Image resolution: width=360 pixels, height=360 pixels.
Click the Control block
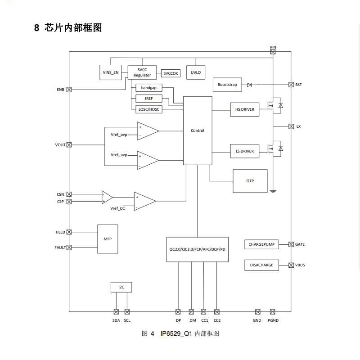197,130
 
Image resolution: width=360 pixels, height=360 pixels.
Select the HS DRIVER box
244,109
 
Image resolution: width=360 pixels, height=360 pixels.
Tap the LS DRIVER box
244,151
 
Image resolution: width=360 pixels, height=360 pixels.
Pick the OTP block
250,181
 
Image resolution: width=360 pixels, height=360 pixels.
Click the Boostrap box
226,85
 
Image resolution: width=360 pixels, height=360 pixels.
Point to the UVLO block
196,72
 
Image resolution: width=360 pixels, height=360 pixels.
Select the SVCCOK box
171,73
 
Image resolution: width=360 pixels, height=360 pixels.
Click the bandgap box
148,88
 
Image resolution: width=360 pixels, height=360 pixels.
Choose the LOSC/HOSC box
149,109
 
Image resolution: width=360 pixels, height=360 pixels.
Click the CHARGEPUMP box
261,244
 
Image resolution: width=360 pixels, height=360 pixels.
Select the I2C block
121,287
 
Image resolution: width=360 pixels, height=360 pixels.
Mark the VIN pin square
273,52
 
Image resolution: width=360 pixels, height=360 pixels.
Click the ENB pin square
69,90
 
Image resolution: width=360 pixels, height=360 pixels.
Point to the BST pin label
299,85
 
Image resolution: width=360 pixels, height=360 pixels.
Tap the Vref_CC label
117,209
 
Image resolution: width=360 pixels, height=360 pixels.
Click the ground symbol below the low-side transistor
273,191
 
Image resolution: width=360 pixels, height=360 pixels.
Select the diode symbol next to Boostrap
249,85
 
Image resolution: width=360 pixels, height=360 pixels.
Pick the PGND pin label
272,320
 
